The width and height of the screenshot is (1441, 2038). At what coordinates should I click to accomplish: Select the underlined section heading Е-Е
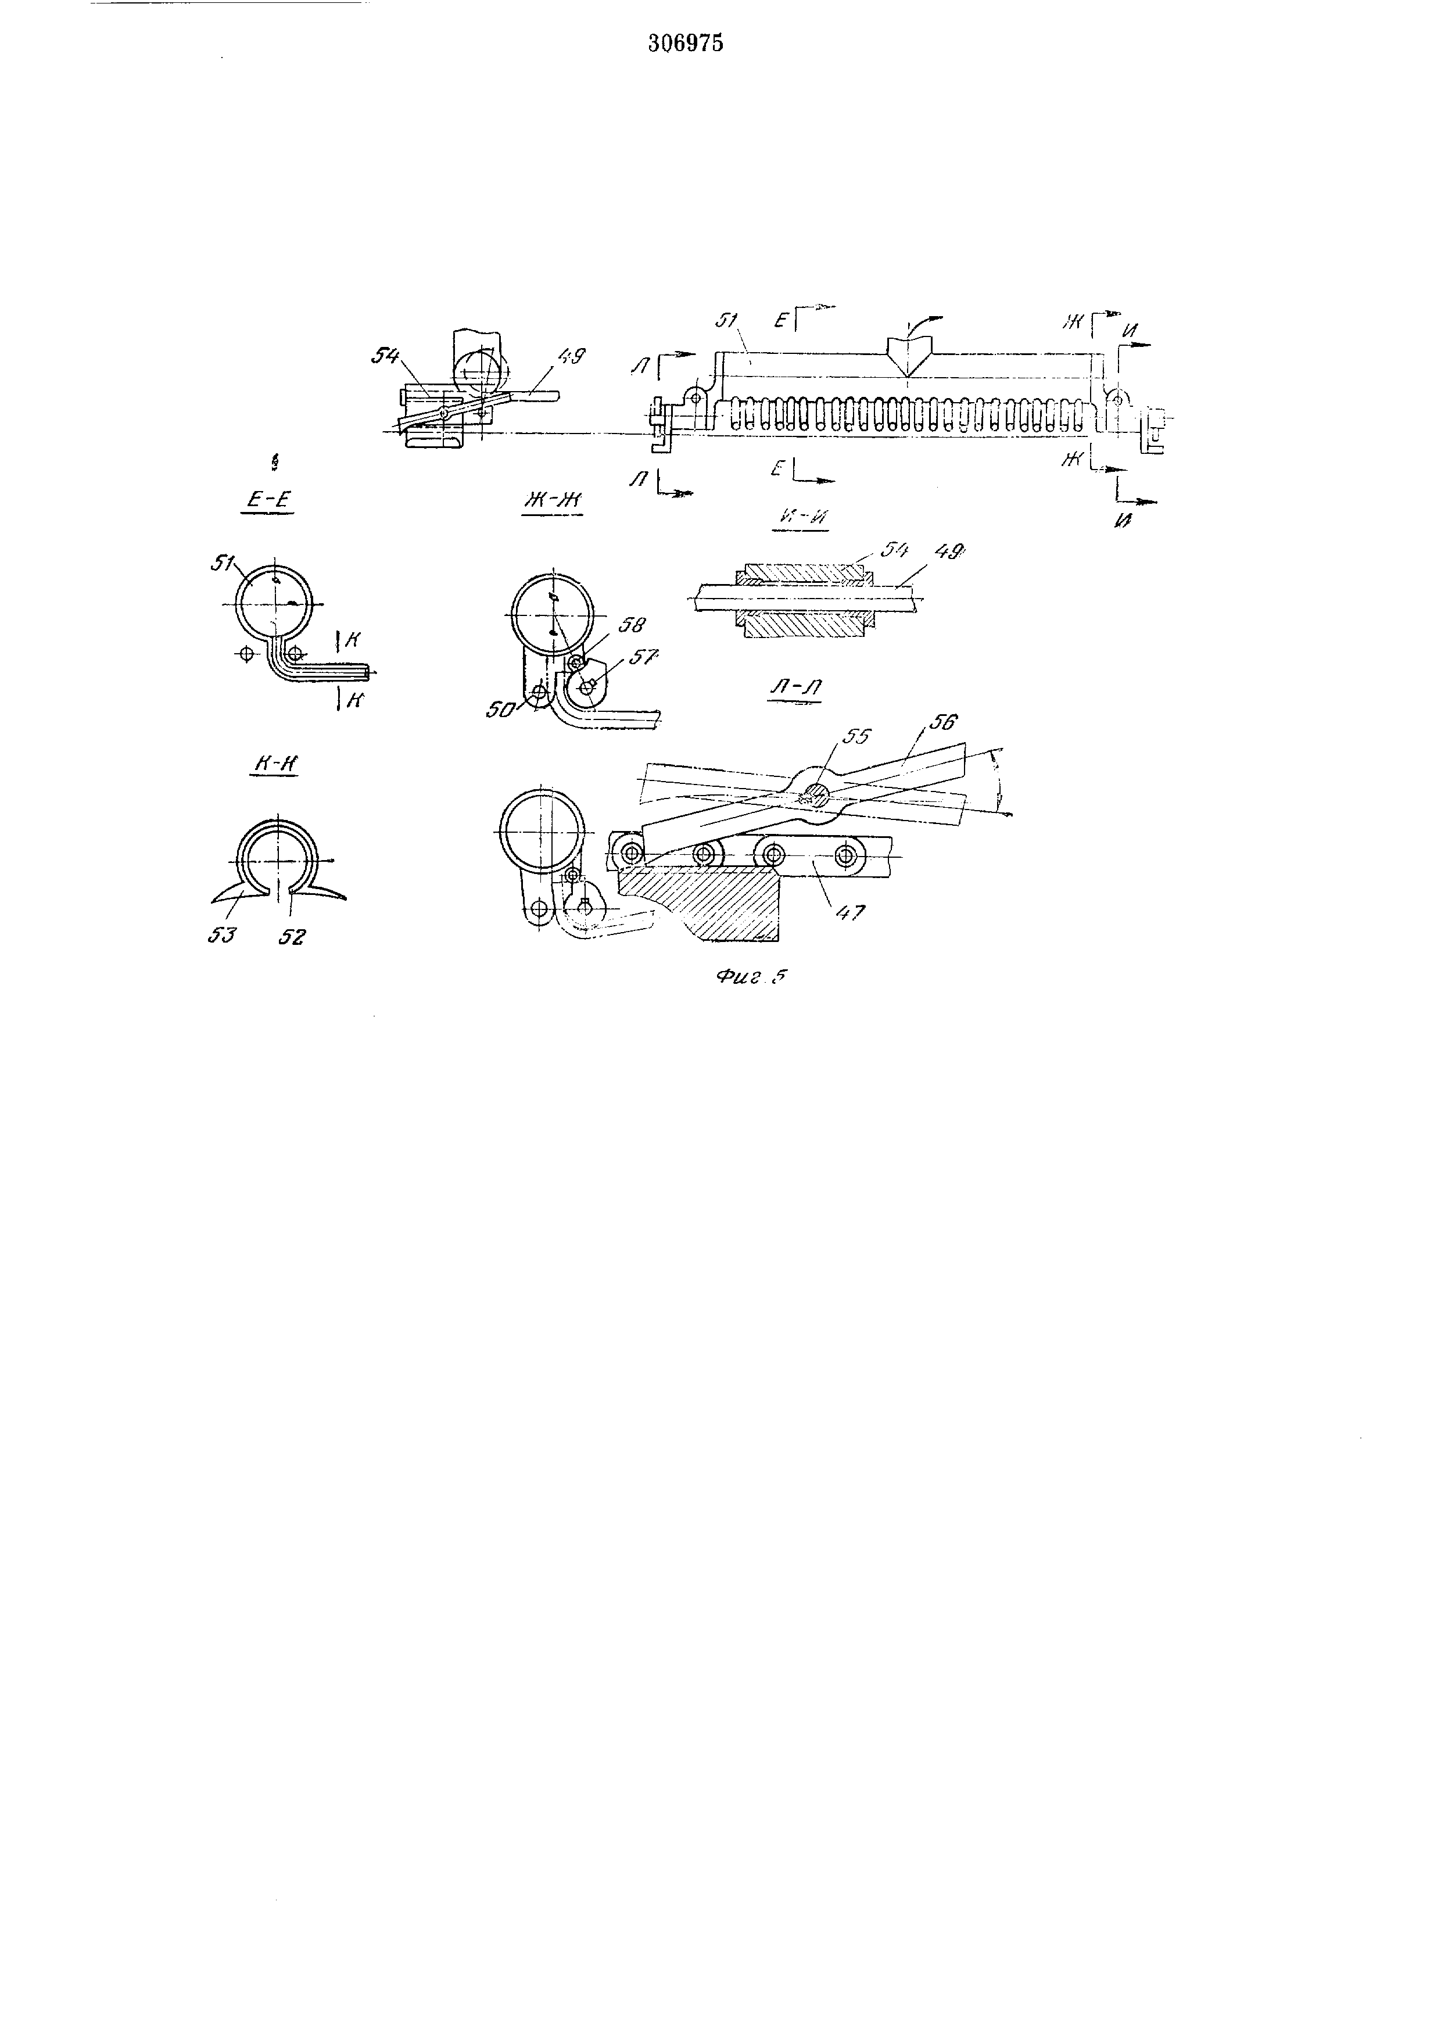[x=267, y=500]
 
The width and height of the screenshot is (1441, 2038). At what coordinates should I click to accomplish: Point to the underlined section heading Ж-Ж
[x=551, y=503]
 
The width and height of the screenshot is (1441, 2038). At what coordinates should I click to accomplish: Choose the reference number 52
[x=291, y=936]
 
